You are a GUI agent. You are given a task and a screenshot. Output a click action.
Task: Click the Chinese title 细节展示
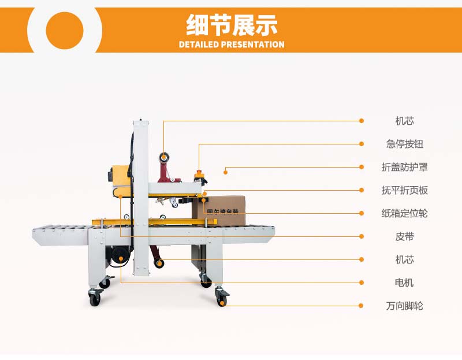click(232, 25)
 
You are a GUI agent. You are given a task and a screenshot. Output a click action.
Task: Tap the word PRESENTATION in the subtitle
click(253, 44)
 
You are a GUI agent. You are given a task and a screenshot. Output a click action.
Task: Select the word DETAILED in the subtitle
click(199, 44)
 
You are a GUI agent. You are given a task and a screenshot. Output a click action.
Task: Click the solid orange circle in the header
click(65, 31)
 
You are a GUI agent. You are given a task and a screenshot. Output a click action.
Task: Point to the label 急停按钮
click(405, 144)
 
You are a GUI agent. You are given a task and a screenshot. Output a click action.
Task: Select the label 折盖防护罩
click(405, 167)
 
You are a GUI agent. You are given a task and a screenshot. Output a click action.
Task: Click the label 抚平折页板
click(405, 190)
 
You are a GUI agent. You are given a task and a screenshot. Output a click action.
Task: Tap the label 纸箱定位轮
click(405, 213)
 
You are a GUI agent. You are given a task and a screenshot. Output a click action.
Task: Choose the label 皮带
click(405, 236)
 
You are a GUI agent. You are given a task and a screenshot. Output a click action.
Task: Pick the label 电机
click(405, 283)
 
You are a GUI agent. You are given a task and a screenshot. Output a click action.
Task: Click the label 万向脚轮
click(405, 306)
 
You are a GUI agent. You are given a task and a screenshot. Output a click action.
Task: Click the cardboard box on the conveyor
click(219, 211)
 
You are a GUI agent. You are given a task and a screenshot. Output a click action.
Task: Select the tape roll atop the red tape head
click(164, 157)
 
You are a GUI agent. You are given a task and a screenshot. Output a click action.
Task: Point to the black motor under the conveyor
click(119, 257)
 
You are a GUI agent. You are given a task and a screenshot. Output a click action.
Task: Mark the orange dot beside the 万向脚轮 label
click(362, 306)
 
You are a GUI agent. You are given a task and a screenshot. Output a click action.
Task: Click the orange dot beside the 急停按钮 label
click(362, 144)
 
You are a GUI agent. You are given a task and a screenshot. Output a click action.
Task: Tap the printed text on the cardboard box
click(222, 211)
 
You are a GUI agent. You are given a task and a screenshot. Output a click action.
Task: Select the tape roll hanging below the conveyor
click(159, 263)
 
